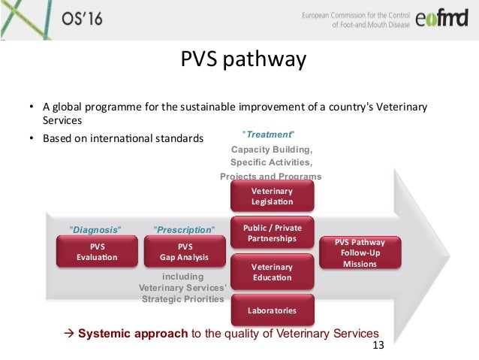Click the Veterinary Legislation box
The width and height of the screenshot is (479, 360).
(x=272, y=197)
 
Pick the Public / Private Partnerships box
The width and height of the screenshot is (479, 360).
(x=272, y=233)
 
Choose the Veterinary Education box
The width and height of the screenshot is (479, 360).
(x=272, y=271)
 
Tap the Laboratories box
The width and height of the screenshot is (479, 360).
(x=272, y=310)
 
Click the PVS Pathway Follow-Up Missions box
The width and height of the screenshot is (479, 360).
(x=360, y=253)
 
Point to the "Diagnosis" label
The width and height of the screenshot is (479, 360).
(x=95, y=228)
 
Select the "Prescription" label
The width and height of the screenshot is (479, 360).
(x=184, y=228)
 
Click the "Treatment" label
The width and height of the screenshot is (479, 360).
(x=268, y=135)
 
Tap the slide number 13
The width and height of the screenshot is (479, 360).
(x=378, y=346)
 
